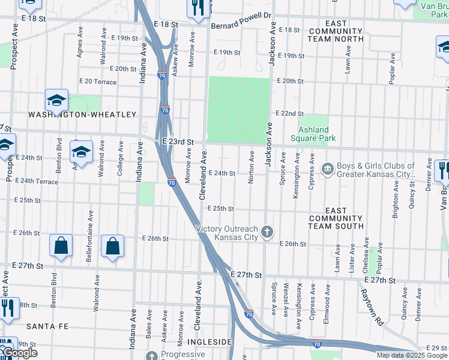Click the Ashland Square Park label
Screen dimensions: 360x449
click(x=314, y=134)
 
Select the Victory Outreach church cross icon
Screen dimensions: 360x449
click(x=268, y=231)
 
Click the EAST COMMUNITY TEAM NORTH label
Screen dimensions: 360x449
click(x=336, y=31)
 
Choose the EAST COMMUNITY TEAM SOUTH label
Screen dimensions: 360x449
click(x=336, y=218)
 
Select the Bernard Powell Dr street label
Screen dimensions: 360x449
click(x=241, y=26)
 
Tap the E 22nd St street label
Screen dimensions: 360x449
click(x=290, y=113)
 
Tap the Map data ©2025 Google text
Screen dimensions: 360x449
click(x=411, y=355)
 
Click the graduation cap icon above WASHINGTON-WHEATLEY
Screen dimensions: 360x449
click(x=56, y=100)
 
